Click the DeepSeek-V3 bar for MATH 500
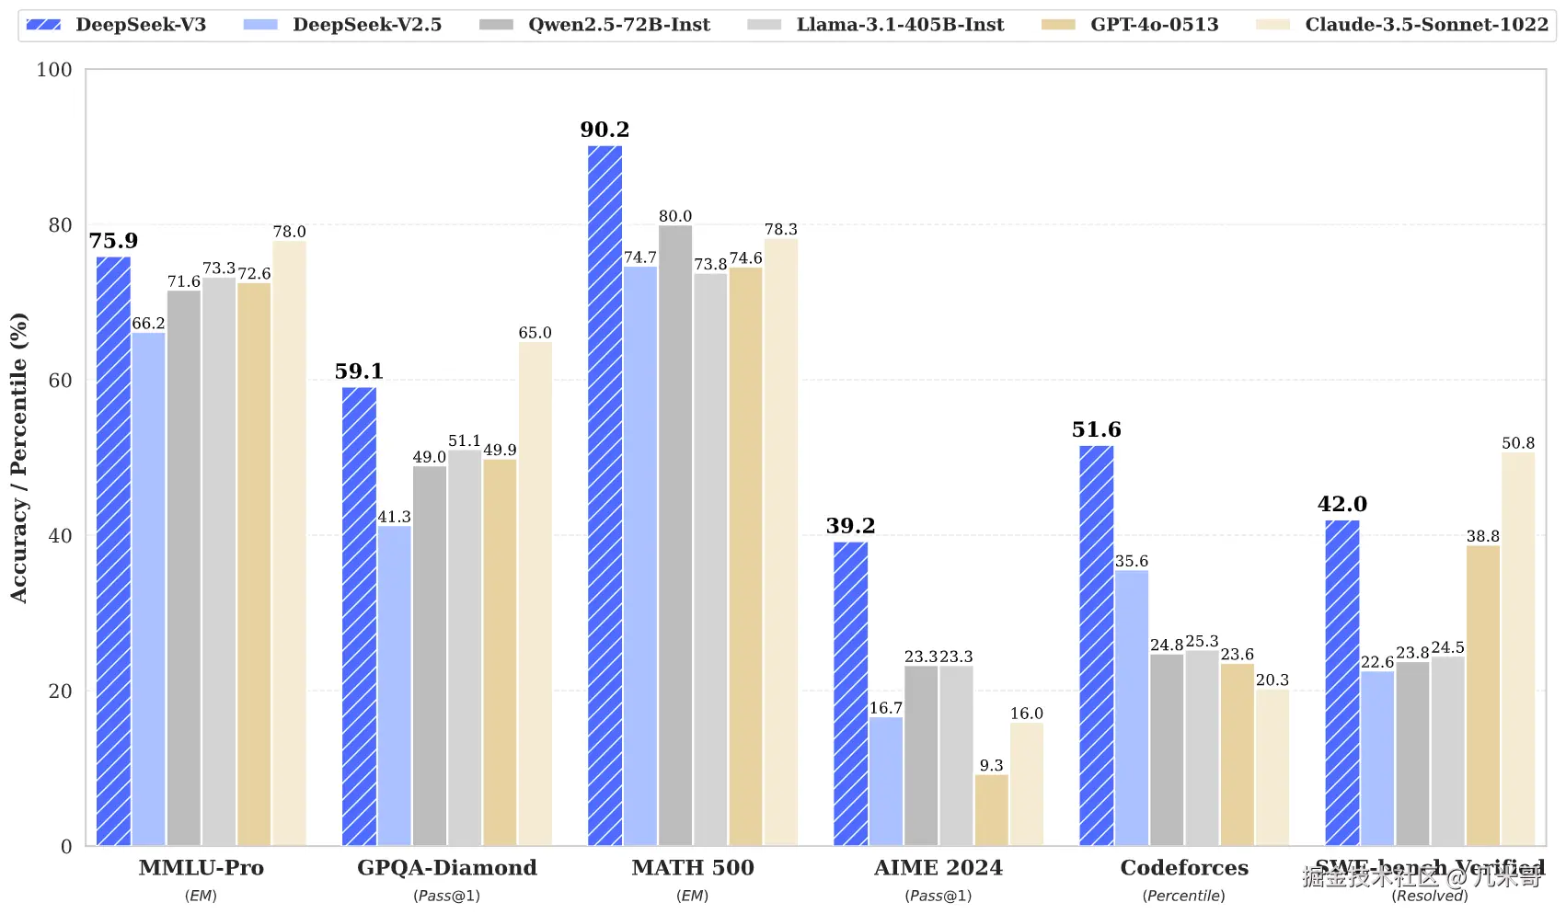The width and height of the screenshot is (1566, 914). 605,496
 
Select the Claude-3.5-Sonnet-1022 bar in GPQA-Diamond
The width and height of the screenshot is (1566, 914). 535,594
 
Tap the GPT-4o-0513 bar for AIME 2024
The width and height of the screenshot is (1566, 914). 992,810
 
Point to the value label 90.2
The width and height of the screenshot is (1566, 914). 605,130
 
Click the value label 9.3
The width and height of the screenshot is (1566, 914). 992,765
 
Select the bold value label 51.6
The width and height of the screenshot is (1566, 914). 1096,429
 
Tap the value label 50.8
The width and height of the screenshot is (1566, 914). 1518,443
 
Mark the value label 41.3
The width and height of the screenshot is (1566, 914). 394,517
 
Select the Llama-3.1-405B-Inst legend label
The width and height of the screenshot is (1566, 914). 900,25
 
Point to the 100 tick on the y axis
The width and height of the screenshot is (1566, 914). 54,70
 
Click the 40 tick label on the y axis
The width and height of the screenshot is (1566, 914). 60,536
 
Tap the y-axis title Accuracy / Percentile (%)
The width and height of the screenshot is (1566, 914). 19,458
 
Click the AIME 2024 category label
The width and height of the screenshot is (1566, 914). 938,868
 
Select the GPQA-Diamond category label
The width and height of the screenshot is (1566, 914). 447,868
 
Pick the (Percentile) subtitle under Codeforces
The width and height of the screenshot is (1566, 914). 1183,896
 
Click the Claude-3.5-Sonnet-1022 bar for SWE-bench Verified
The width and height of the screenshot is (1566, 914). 1518,649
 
